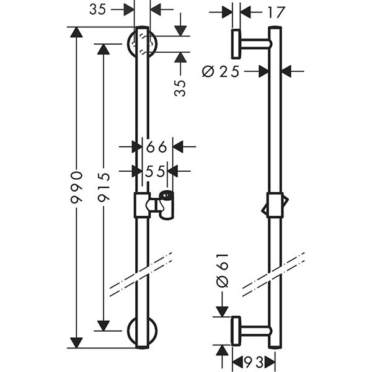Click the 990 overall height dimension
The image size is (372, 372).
coord(77,187)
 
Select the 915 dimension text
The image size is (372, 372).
coord(104,187)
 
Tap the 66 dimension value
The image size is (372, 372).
coord(157,148)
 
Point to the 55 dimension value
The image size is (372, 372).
coord(155,171)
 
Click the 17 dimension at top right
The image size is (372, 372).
coord(276,12)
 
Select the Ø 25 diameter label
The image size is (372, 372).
coord(220,71)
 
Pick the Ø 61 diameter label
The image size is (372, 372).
coord(223,270)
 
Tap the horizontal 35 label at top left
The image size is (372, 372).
coord(97,10)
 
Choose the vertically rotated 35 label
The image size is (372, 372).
coord(180,88)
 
